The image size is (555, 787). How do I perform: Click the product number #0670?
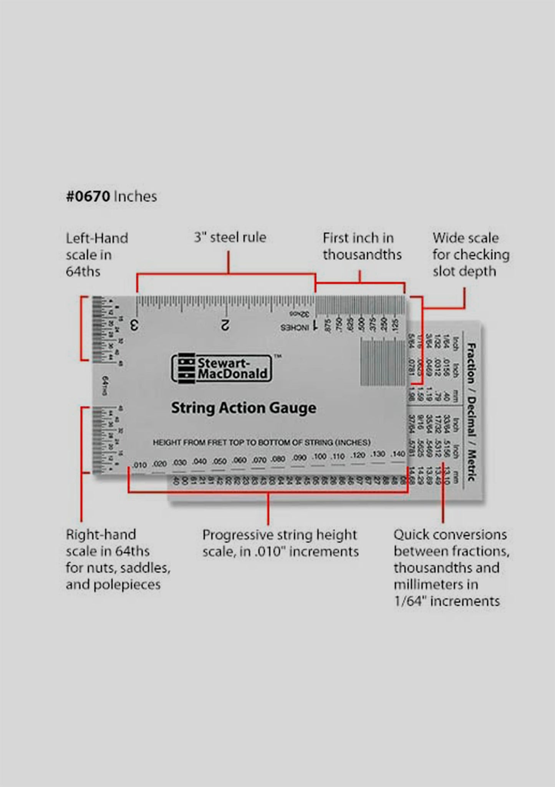tap(89, 197)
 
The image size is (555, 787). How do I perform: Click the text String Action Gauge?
tap(244, 408)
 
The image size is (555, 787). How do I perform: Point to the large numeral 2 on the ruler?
tap(225, 325)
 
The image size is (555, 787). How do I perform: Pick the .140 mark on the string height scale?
tap(398, 454)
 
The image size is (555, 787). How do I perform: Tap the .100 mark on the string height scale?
tap(319, 456)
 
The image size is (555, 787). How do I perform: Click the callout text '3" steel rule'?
tap(230, 237)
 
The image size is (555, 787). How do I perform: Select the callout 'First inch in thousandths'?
tap(361, 246)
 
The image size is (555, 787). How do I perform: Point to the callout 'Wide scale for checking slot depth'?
tap(471, 254)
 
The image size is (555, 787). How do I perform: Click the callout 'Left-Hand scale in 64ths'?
tap(96, 255)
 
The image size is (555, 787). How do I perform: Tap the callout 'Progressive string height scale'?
tap(280, 543)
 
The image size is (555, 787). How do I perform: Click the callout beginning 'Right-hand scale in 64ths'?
tap(118, 559)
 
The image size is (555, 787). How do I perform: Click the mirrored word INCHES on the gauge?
tap(295, 328)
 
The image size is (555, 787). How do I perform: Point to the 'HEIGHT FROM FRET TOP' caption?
tap(262, 442)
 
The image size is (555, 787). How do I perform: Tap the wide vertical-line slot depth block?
tap(382, 362)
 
